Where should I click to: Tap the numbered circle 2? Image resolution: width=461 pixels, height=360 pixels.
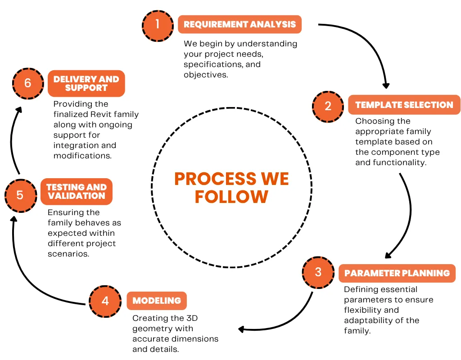(x=328, y=106)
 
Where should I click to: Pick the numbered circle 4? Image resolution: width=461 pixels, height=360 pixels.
(x=105, y=301)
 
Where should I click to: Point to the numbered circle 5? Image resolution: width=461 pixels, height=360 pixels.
(x=20, y=196)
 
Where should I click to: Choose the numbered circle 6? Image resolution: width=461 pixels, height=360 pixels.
(x=28, y=84)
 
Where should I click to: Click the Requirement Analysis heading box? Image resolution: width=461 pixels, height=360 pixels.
(x=240, y=24)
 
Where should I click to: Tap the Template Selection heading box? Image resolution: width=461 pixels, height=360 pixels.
(x=404, y=105)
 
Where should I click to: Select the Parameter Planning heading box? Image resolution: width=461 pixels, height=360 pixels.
(x=397, y=273)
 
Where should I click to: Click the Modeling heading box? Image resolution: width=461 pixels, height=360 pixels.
(x=156, y=301)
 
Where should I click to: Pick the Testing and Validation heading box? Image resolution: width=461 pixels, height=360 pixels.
(x=76, y=192)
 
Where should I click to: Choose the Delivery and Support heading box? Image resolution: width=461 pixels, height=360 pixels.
(x=86, y=83)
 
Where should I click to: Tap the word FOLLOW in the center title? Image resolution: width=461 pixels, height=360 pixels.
(x=231, y=197)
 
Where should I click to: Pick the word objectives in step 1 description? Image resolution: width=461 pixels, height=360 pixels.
(x=205, y=75)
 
